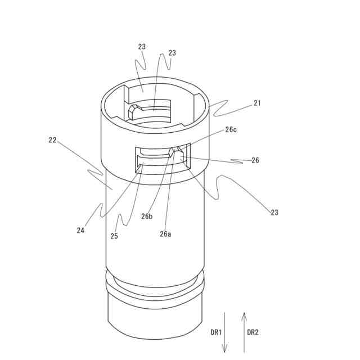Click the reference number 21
257,103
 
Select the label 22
52,140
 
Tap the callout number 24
81,230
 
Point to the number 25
114,236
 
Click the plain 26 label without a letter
255,160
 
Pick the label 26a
165,233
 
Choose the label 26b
147,217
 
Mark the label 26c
231,129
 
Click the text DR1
216,332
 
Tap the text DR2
253,332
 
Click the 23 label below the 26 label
274,213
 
